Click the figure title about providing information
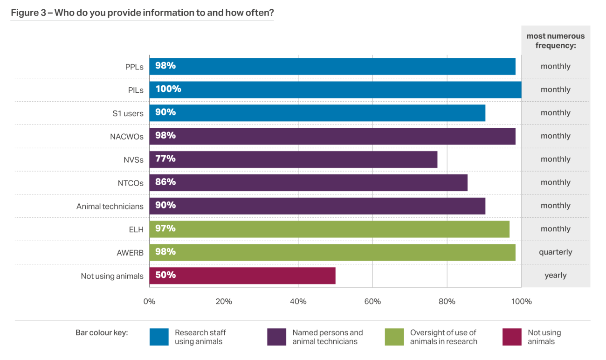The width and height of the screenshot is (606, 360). tap(142, 13)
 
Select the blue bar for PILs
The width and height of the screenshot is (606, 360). tap(335, 90)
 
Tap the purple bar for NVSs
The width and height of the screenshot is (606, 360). tap(293, 159)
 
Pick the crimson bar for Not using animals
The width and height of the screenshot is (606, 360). tap(242, 276)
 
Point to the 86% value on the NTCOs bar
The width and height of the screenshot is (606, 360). tap(165, 182)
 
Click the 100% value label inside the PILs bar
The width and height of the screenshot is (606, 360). tap(168, 89)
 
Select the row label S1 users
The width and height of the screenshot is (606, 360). tap(128, 113)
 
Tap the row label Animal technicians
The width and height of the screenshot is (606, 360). tap(110, 206)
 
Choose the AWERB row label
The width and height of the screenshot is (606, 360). tap(130, 253)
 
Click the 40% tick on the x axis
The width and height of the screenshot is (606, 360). tap(298, 302)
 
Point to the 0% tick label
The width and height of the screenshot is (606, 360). tap(149, 302)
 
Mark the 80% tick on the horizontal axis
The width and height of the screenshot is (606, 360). tap(447, 302)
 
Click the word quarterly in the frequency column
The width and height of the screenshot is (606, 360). tap(555, 252)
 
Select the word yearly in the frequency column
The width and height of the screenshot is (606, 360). tap(555, 276)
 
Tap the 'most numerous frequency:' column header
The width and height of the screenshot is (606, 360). tap(555, 41)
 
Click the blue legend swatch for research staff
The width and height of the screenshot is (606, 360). tap(159, 337)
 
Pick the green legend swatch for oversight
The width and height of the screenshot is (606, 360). tap(394, 337)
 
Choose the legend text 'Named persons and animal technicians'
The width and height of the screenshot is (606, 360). tap(327, 337)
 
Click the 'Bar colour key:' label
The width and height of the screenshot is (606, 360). tap(102, 333)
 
